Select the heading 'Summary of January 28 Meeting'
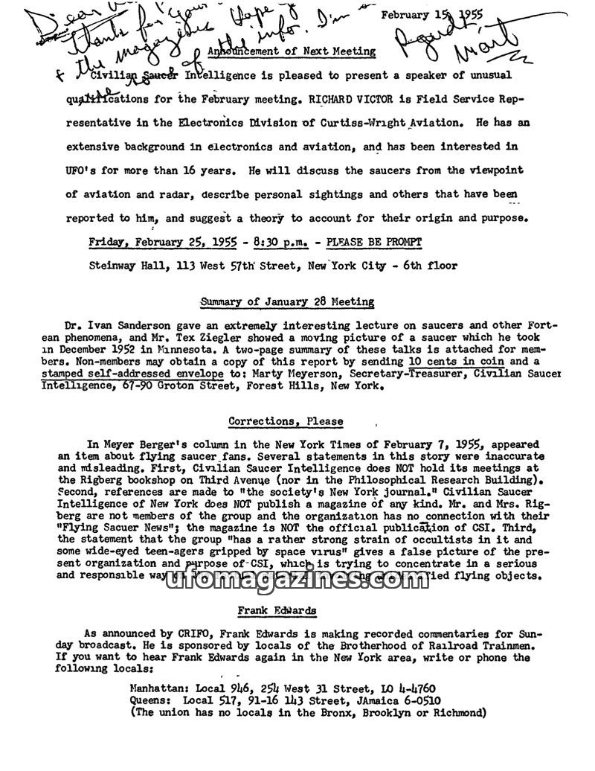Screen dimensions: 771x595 point(287,301)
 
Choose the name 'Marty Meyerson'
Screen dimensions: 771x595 point(293,373)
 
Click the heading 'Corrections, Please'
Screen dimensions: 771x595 point(286,421)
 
